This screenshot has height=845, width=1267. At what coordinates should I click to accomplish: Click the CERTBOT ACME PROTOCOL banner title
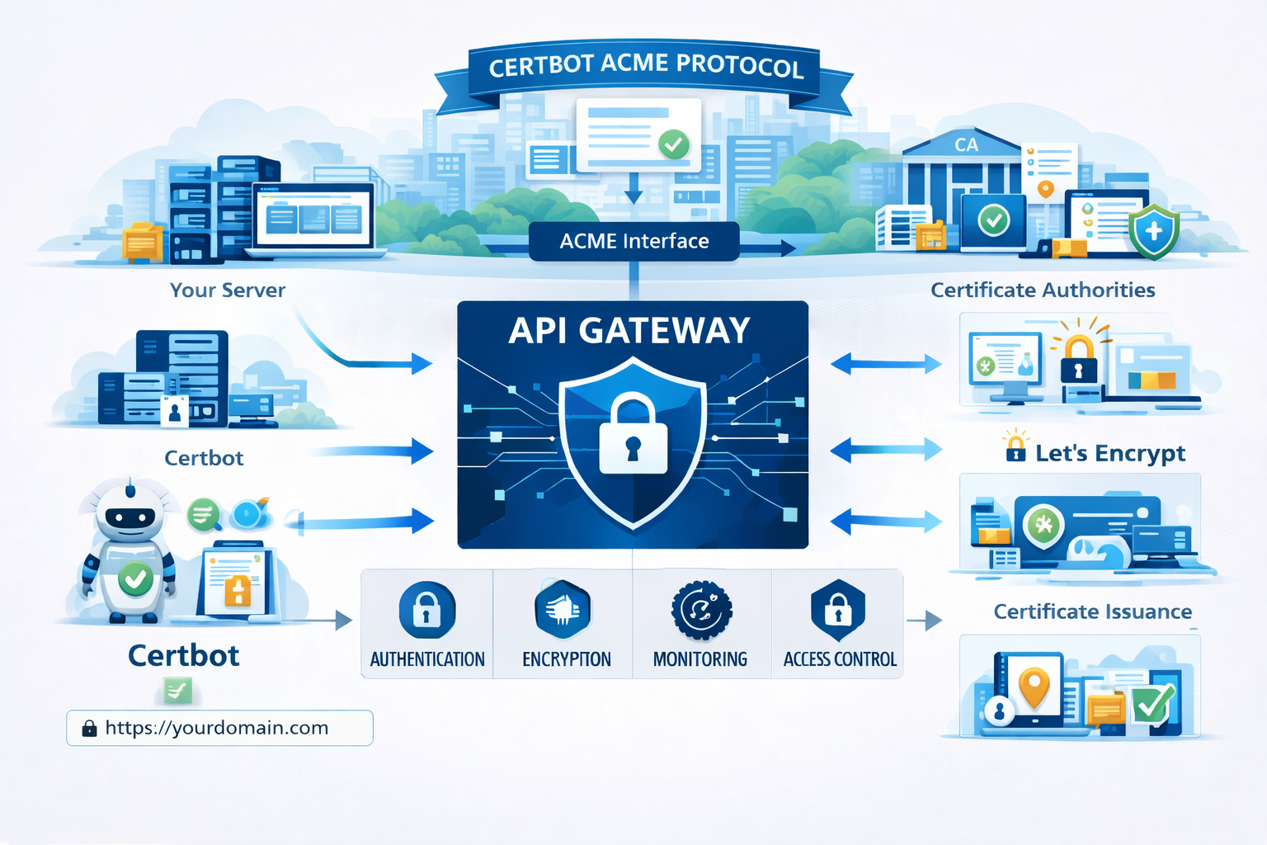point(645,65)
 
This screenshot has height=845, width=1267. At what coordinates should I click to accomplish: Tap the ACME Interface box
point(633,241)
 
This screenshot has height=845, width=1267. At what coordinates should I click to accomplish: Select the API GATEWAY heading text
point(629,331)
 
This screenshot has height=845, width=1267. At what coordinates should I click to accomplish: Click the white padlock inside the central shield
point(633,436)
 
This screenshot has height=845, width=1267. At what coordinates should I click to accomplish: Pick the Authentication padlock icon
point(426,611)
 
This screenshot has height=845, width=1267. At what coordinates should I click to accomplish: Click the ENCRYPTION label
point(567,659)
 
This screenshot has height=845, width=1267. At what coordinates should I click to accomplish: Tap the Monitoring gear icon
point(701,611)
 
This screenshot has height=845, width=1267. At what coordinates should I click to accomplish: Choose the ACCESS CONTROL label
point(840,659)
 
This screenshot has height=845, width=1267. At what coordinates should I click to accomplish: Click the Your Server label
point(228,290)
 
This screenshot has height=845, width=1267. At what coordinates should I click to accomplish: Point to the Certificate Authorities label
point(1043,290)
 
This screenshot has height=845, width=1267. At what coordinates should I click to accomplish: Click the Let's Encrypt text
point(1109,453)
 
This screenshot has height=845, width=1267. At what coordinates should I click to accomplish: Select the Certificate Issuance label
point(1092,611)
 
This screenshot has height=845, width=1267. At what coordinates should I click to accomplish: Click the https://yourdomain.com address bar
point(219,728)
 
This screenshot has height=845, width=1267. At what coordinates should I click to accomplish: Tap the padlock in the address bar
point(89,728)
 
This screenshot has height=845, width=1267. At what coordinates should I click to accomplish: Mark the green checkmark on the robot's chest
point(135,578)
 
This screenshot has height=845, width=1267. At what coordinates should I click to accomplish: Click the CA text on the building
point(966,145)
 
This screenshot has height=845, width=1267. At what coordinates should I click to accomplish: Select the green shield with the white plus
point(1153,231)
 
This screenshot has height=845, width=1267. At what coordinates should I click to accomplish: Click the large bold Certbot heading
point(183,655)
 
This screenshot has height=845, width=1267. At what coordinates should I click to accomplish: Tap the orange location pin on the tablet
point(1034,685)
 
